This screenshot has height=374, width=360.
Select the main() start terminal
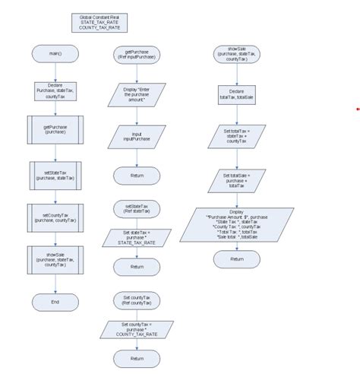click(x=55, y=55)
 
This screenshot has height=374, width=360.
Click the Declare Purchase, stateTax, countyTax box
click(x=55, y=92)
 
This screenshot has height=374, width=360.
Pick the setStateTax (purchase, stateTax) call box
click(x=55, y=174)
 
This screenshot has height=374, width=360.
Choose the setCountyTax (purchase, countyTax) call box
click(x=55, y=217)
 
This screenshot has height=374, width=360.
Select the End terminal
click(x=55, y=302)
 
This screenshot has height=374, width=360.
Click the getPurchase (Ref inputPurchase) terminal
click(x=137, y=55)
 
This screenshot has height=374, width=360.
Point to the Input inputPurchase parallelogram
click(x=137, y=137)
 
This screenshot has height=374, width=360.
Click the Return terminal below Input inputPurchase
click(x=137, y=176)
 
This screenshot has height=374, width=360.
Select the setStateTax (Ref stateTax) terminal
click(x=137, y=208)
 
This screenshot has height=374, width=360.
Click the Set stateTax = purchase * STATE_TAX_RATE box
click(x=137, y=239)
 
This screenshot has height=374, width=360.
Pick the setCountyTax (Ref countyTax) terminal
click(x=137, y=298)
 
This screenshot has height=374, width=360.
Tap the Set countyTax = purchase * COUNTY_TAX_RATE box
click(x=137, y=329)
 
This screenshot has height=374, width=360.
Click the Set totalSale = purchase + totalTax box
click(x=236, y=181)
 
